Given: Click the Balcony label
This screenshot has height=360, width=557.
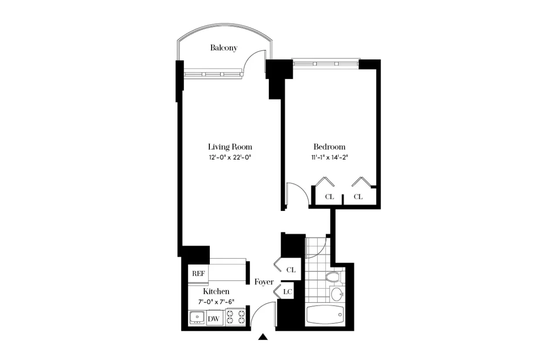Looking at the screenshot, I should tap(224, 48).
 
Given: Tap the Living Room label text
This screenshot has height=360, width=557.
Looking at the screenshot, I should tap(230, 147).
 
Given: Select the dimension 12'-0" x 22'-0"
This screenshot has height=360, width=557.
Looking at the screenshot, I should tap(230, 157).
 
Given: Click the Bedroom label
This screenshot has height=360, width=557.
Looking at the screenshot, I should tap(329, 147).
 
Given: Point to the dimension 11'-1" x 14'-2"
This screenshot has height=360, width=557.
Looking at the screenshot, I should tap(329, 157).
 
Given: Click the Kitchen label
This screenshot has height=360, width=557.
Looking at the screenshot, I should tap(216, 291).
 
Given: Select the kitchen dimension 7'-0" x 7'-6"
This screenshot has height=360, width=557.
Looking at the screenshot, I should tap(216, 302).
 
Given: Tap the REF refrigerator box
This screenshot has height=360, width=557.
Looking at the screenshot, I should tap(198, 274).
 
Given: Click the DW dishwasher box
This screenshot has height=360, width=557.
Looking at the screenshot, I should tap(213, 319).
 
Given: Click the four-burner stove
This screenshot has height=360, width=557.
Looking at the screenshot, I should tap(235, 318).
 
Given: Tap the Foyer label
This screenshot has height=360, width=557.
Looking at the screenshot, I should tap(264, 282).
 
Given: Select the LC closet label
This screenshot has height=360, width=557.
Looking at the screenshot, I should tap(287, 292).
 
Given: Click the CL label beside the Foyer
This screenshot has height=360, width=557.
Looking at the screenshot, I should tap(291, 270).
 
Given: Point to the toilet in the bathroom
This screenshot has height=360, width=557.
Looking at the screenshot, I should tap(333, 277).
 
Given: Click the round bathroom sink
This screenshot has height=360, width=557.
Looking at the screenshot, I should tap(337, 294).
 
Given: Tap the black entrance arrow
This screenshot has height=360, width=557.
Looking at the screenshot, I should tap(263, 337).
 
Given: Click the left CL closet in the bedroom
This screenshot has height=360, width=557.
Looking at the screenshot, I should tap(329, 197).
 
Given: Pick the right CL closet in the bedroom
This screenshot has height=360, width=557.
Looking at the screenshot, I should tap(358, 197).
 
